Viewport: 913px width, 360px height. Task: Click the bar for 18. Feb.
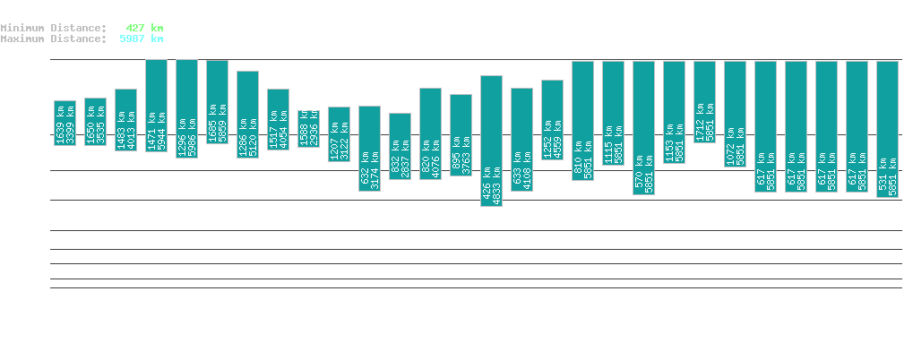[491, 141]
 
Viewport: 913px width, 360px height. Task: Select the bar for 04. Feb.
[65, 123]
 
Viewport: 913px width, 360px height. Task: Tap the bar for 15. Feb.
[400, 146]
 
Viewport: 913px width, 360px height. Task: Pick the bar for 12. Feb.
[308, 128]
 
